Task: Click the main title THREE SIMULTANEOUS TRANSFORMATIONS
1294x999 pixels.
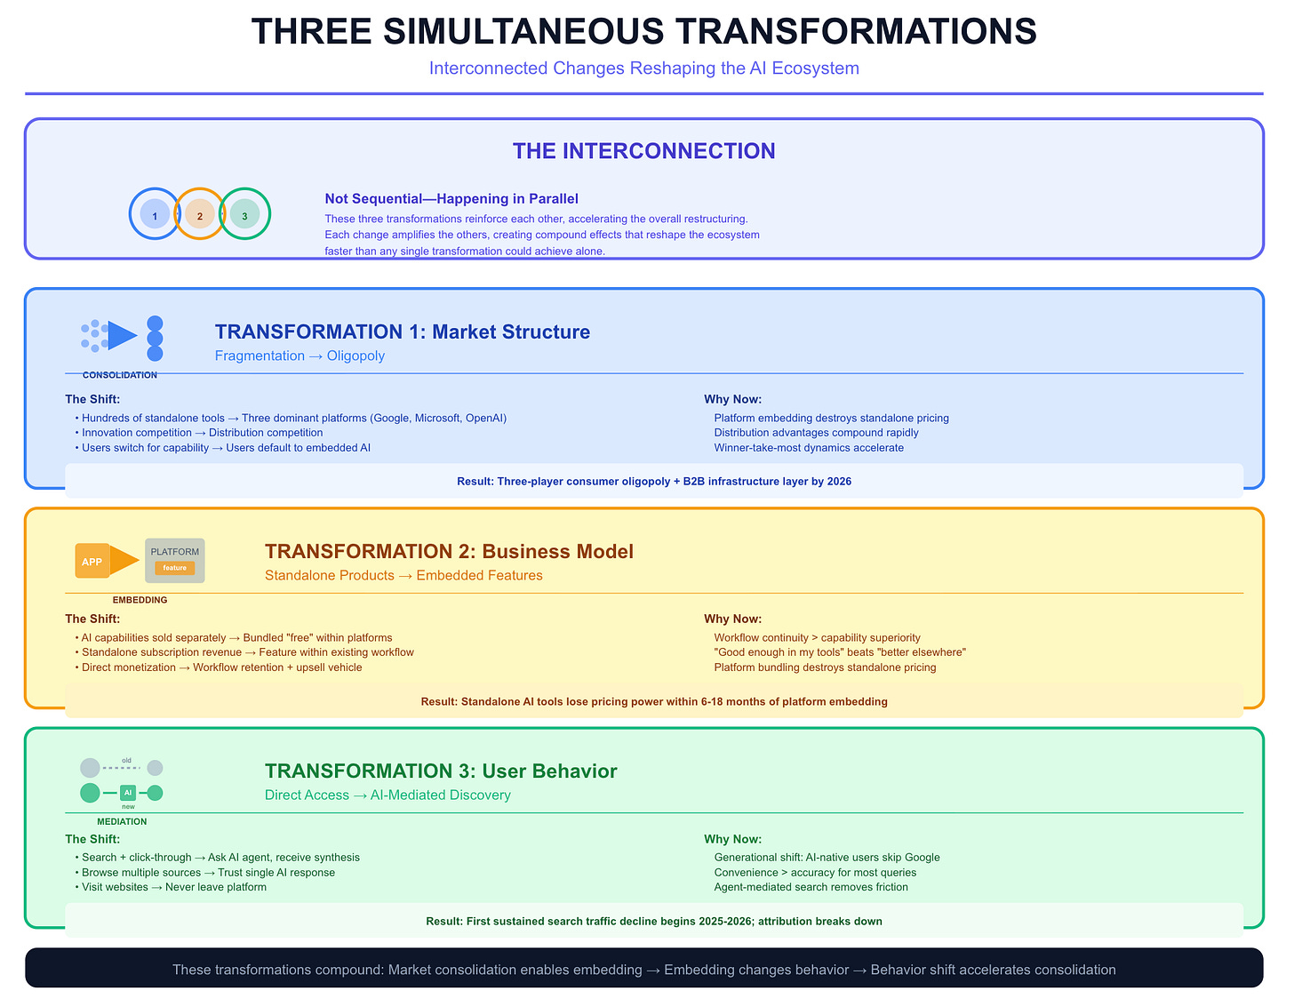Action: [643, 32]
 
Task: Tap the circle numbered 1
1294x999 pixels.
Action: [155, 214]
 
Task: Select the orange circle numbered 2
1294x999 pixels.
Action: [200, 214]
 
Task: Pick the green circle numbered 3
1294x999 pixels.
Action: [244, 214]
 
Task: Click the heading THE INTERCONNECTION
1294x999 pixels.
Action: [643, 151]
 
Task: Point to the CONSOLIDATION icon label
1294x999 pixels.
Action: [120, 375]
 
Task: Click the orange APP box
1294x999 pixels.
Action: [92, 561]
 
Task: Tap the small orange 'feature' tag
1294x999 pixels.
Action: [175, 568]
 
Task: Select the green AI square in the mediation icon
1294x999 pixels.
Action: [128, 792]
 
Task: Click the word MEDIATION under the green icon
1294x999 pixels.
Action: [122, 821]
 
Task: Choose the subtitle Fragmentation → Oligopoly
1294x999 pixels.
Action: [300, 356]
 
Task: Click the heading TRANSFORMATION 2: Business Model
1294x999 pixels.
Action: [449, 551]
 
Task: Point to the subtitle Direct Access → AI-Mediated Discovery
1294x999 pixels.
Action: [387, 795]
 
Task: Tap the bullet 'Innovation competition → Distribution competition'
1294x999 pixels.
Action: [202, 433]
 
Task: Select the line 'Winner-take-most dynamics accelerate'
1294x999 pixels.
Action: [809, 448]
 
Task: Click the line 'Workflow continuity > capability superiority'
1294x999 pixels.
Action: [817, 637]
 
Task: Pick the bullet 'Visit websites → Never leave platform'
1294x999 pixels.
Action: [173, 887]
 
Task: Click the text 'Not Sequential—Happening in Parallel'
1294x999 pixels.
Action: [451, 199]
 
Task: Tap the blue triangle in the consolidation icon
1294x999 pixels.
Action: [122, 335]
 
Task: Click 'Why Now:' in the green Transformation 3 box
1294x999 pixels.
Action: [732, 839]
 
